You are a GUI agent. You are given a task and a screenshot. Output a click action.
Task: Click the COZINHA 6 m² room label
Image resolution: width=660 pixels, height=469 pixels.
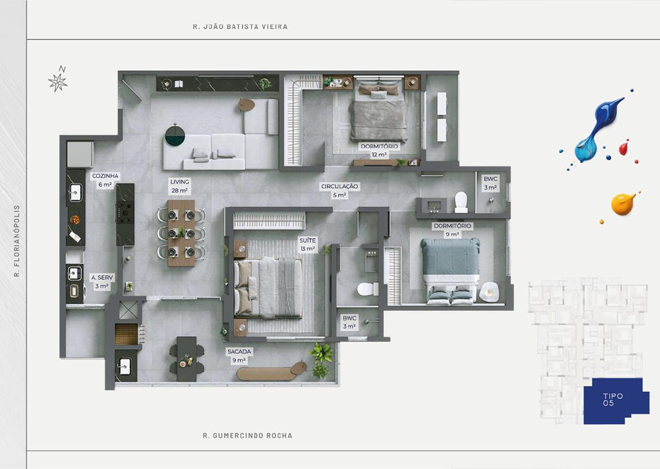pos(105,180)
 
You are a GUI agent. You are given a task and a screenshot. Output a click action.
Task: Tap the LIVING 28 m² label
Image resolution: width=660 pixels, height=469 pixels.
pos(179,186)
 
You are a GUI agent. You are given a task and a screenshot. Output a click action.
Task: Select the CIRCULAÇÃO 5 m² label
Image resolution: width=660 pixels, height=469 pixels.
pos(340,191)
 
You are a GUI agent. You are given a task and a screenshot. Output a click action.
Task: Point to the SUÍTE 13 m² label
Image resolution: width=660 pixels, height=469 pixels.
pos(307,244)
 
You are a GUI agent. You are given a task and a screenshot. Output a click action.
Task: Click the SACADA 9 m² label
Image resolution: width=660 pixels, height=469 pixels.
pos(239,355)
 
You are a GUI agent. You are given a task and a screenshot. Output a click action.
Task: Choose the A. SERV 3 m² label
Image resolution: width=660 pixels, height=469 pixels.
pos(102,282)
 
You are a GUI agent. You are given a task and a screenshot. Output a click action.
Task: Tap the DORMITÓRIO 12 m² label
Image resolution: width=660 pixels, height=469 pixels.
pos(380,150)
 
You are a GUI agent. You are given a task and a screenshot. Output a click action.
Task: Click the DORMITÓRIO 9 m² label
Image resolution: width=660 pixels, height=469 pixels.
pos(452,230)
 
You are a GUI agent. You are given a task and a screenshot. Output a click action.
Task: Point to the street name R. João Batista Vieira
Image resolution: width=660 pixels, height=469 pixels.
pos(240,26)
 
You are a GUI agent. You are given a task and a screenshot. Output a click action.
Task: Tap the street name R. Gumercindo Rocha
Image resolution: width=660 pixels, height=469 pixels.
pos(248,436)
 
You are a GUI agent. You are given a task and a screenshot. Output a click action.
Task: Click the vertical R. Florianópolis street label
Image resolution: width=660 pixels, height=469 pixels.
pos(17,241)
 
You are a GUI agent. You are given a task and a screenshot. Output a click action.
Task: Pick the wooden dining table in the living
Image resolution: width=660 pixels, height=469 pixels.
pos(182,233)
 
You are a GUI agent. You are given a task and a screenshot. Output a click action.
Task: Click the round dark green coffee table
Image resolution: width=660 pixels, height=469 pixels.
pos(175,135)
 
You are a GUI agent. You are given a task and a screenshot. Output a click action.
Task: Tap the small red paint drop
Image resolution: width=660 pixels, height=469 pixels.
pos(623,148)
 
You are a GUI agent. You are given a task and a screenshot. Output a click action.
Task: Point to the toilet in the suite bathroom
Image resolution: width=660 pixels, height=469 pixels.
pos(367,289)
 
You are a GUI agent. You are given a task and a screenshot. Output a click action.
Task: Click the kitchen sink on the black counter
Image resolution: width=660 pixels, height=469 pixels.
pos(75,192)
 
